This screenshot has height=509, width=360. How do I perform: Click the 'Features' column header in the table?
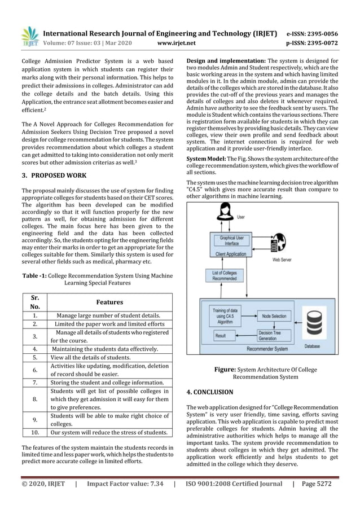[109, 302]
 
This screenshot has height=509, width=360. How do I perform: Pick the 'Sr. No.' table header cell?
[36, 302]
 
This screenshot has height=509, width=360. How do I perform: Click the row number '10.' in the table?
[36, 433]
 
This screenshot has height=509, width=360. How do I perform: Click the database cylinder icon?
[312, 323]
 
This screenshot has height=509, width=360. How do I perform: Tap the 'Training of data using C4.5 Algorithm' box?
[225, 314]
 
